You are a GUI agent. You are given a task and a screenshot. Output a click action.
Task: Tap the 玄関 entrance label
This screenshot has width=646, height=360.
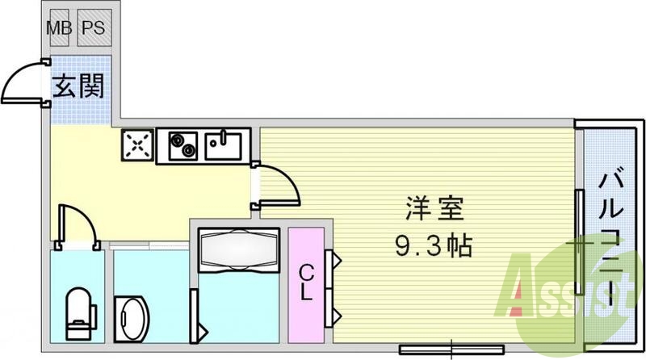click(x=78, y=86)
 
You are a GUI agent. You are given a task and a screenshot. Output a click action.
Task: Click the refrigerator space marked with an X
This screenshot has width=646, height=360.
click(x=138, y=145)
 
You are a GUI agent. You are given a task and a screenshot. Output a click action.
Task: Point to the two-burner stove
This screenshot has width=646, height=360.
click(x=184, y=145)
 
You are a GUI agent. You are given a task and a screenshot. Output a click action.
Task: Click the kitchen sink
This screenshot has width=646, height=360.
click(x=223, y=145)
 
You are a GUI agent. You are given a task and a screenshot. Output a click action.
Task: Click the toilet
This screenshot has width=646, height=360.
click(x=78, y=311)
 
